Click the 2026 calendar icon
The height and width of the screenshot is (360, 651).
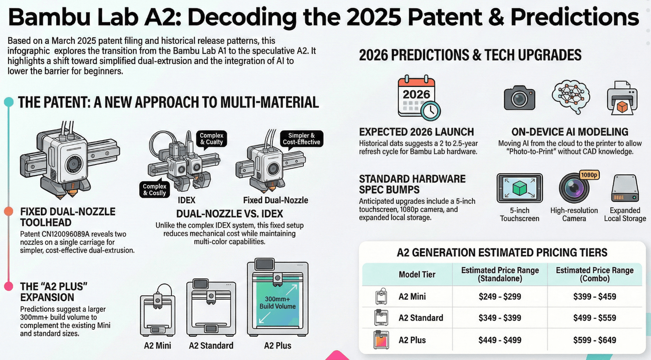(417, 98)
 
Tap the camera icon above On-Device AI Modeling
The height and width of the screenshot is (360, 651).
(519, 98)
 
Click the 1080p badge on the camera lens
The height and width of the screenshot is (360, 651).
(589, 175)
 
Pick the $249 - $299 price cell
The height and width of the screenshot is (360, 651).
(500, 297)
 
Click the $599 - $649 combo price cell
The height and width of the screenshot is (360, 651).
(594, 340)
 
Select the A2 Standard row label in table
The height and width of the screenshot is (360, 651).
(421, 318)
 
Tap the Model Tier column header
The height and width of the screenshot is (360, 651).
(417, 275)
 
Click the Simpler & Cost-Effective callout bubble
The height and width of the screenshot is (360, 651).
(301, 139)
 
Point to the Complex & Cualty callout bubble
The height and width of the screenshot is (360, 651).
(212, 139)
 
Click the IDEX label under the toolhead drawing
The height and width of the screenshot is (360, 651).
(186, 200)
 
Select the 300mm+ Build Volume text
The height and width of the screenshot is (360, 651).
(277, 303)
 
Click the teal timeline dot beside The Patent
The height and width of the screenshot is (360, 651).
(9, 102)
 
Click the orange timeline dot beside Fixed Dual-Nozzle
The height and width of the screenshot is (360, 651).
(9, 212)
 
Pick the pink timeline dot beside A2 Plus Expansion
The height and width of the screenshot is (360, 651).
(9, 286)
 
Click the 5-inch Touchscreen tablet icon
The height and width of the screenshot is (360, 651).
(520, 188)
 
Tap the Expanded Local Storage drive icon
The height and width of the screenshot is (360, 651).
(625, 189)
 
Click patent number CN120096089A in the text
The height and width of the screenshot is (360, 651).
(66, 234)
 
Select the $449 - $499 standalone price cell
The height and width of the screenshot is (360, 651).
(500, 340)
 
